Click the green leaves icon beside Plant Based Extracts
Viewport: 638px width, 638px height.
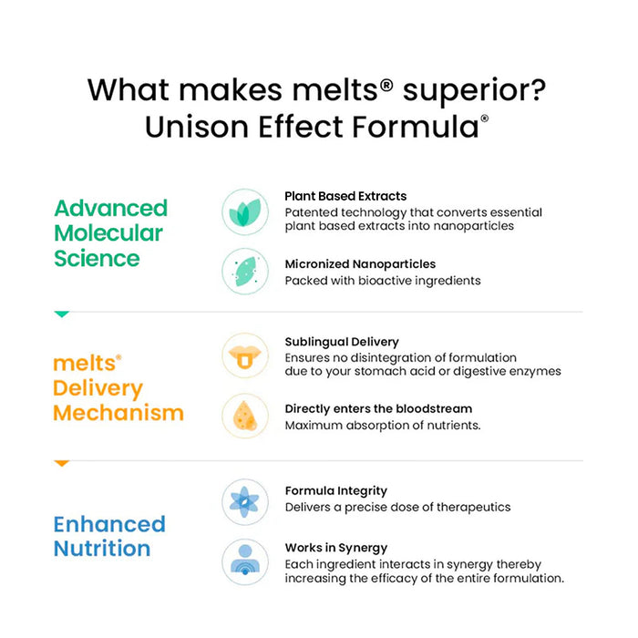245,212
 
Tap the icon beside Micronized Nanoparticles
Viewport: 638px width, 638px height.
245,271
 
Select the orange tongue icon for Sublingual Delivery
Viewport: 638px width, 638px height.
245,356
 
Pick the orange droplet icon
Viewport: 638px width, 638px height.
245,416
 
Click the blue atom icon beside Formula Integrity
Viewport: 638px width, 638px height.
245,502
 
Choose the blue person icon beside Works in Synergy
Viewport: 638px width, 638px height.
245,562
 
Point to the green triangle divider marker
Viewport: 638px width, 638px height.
62,314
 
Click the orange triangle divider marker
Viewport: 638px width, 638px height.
62,463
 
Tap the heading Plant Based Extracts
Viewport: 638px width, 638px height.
345,196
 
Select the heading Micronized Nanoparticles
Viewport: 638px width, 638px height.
360,264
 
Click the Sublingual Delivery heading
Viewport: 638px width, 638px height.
342,342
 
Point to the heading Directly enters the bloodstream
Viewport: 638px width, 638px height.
378,408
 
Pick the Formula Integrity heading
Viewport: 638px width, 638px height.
336,491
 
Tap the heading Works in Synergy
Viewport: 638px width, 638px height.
336,548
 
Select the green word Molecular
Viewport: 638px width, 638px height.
108,233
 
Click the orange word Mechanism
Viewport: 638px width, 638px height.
118,413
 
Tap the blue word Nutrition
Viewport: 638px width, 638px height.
102,548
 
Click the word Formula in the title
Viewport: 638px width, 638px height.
416,127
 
